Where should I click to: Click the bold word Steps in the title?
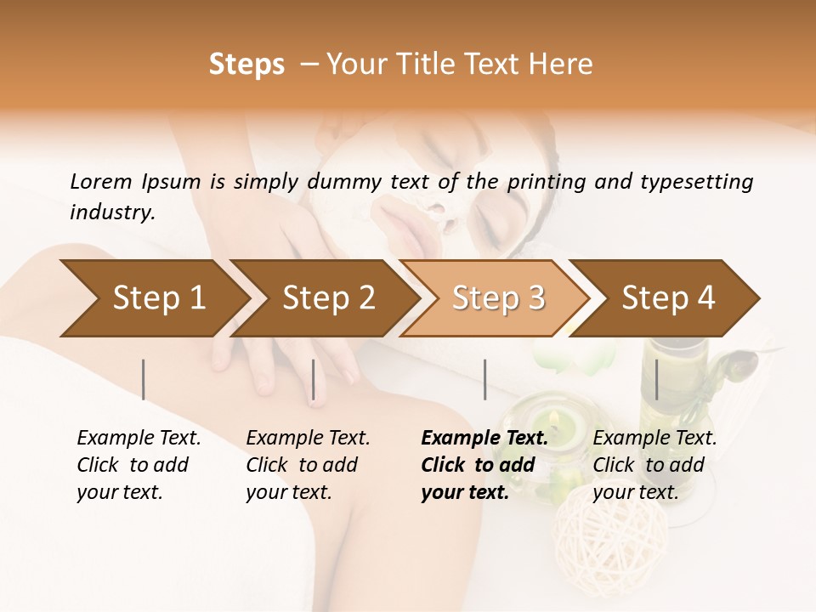[x=246, y=65]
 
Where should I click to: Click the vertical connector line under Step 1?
[x=144, y=379]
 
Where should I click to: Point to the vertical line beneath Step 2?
[x=314, y=379]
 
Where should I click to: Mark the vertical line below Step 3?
[x=484, y=379]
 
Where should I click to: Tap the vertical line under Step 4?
[x=656, y=379]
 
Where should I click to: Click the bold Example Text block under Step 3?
[x=484, y=465]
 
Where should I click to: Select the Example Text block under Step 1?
[x=139, y=465]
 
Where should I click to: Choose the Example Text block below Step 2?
[x=308, y=465]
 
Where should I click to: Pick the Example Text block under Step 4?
[x=654, y=465]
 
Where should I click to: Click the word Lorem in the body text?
[x=101, y=182]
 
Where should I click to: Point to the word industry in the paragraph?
[x=111, y=212]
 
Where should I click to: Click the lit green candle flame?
[x=553, y=418]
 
